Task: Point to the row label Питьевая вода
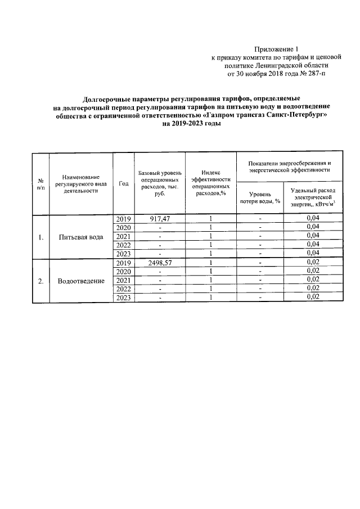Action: click(x=81, y=237)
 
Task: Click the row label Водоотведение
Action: click(x=81, y=281)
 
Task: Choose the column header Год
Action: click(x=124, y=183)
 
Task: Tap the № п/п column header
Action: click(x=40, y=184)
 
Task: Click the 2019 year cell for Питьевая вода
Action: click(x=123, y=218)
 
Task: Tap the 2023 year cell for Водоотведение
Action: click(x=123, y=298)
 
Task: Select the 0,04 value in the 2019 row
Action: click(x=313, y=218)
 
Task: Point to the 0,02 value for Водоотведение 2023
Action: click(x=313, y=298)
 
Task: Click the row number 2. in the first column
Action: click(x=40, y=281)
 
